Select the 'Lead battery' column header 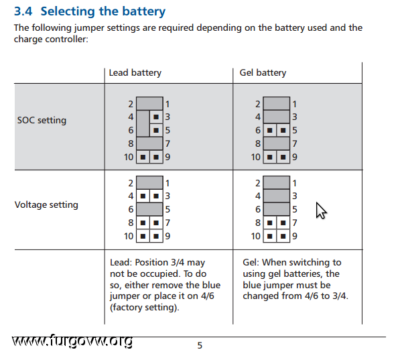[x=135, y=72]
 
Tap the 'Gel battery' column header [x=263, y=72]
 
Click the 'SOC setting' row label [x=42, y=121]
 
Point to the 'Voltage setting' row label [x=46, y=204]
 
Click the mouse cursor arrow [x=320, y=210]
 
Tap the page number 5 [x=199, y=346]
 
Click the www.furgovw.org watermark [x=72, y=342]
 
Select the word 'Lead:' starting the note [x=121, y=263]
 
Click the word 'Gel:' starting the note [x=252, y=263]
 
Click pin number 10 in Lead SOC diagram [x=128, y=157]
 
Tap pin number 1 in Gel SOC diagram [x=295, y=104]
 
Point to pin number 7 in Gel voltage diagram [x=295, y=223]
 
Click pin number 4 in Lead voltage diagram [x=131, y=196]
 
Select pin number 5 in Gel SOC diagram [x=295, y=130]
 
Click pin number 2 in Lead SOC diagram [x=131, y=104]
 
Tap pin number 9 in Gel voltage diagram [x=295, y=236]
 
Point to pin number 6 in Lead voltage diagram [x=131, y=209]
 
